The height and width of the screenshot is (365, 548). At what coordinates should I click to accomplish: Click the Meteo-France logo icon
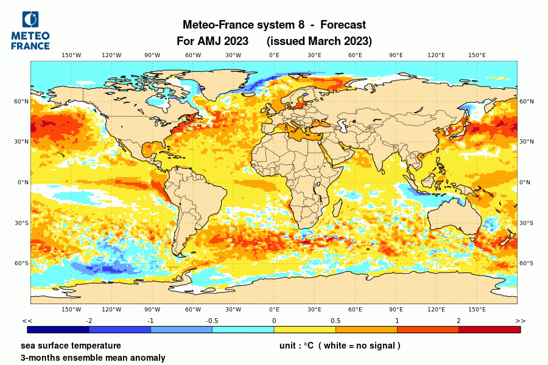[30, 20]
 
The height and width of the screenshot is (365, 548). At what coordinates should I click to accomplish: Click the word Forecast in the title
[342, 25]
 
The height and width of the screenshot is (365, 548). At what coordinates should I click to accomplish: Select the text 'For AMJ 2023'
[212, 41]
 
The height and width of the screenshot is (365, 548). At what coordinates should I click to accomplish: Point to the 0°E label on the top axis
[274, 55]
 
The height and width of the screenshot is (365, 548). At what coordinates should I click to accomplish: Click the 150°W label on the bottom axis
[71, 309]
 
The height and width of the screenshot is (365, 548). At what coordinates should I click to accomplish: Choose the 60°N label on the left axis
[22, 102]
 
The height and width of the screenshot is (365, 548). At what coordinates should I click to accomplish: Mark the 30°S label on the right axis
[526, 223]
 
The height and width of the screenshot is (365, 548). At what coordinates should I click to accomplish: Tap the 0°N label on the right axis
[525, 182]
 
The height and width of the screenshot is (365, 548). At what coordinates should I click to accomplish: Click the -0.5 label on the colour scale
[212, 321]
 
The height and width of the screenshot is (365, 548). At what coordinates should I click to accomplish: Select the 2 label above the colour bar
[458, 321]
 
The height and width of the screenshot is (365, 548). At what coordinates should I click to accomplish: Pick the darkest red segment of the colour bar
[490, 330]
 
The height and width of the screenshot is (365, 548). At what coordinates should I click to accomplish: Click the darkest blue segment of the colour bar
[58, 330]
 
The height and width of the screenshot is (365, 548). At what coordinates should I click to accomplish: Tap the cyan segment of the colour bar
[243, 330]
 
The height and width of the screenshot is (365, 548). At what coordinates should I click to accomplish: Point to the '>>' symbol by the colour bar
[520, 321]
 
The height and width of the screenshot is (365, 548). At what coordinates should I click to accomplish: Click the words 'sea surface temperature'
[70, 346]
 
